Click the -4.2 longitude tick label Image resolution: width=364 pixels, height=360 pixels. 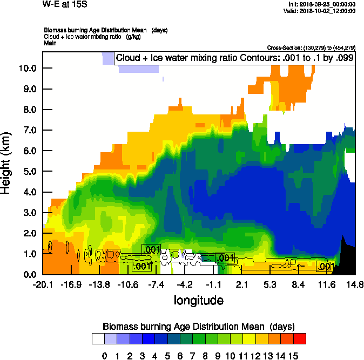(x=185, y=284)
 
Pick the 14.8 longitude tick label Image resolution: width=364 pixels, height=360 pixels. (x=354, y=284)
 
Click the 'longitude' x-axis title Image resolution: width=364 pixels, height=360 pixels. (x=198, y=300)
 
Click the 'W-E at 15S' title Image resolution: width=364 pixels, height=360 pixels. (x=64, y=4)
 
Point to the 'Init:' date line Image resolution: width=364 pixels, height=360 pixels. (x=322, y=4)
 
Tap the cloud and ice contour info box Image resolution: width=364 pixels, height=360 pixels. (x=234, y=58)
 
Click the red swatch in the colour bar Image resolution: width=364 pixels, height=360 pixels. (x=299, y=338)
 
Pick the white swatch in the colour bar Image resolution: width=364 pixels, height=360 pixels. (x=98, y=338)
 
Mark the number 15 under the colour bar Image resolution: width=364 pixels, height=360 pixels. (x=293, y=356)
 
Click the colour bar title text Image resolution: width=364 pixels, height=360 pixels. (x=198, y=326)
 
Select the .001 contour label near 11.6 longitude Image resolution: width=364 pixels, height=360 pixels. (x=326, y=266)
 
